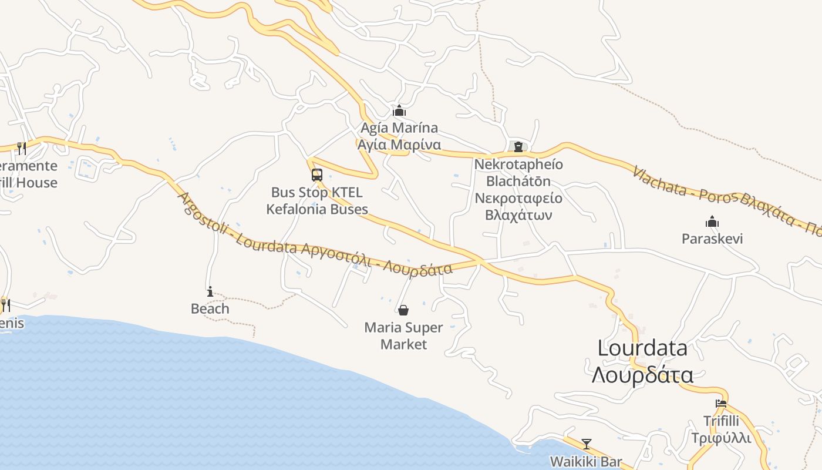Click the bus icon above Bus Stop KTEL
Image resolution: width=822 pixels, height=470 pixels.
coord(317,174)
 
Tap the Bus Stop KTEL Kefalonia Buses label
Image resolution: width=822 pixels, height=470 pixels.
coord(317,201)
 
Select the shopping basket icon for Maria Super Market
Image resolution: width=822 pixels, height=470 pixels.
coord(403,310)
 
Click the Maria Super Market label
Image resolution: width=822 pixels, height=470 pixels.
coord(403,335)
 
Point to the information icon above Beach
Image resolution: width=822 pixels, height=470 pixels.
coord(210,291)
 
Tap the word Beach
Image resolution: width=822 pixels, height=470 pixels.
coord(210,308)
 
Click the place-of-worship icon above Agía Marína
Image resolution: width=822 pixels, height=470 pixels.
coord(399,110)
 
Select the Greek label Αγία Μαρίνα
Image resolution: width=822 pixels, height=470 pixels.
coord(399,145)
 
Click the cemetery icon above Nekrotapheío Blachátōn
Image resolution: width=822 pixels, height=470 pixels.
coord(518,146)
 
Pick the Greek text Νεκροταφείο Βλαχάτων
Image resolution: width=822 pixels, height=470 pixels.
coord(518,206)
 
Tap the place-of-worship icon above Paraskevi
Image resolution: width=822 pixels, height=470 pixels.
coord(712,221)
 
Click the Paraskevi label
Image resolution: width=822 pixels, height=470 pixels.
coord(712,239)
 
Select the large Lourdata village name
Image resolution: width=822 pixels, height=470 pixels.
coord(642,348)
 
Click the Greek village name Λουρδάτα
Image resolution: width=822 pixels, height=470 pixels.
coord(642,375)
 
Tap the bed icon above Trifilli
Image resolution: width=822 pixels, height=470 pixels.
coord(721,404)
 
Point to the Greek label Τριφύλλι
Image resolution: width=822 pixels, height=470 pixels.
coord(721,438)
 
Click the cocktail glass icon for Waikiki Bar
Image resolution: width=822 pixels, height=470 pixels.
coord(586,444)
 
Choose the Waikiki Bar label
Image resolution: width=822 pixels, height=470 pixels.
coord(585,461)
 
